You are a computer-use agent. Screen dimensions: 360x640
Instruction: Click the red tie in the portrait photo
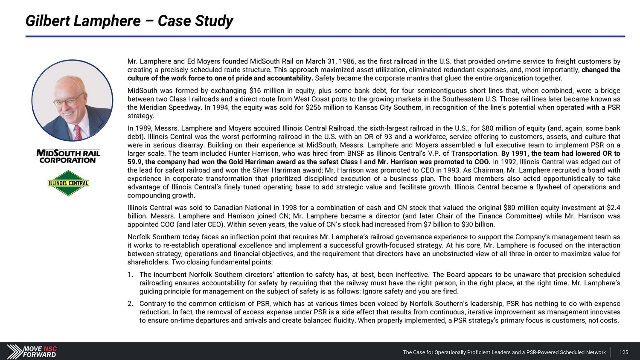[x=78, y=132]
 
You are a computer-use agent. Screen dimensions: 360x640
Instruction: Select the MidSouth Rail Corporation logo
[x=68, y=157]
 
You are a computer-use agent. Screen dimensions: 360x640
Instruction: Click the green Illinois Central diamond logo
[x=68, y=183]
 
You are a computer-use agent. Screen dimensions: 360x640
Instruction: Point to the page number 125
[x=624, y=352]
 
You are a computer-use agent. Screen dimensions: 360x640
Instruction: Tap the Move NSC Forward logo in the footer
[x=32, y=351]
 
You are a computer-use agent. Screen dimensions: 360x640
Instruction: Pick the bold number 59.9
[x=135, y=162]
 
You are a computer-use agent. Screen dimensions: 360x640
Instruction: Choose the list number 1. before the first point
[x=130, y=275]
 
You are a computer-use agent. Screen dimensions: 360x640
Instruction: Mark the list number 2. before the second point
[x=130, y=304]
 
